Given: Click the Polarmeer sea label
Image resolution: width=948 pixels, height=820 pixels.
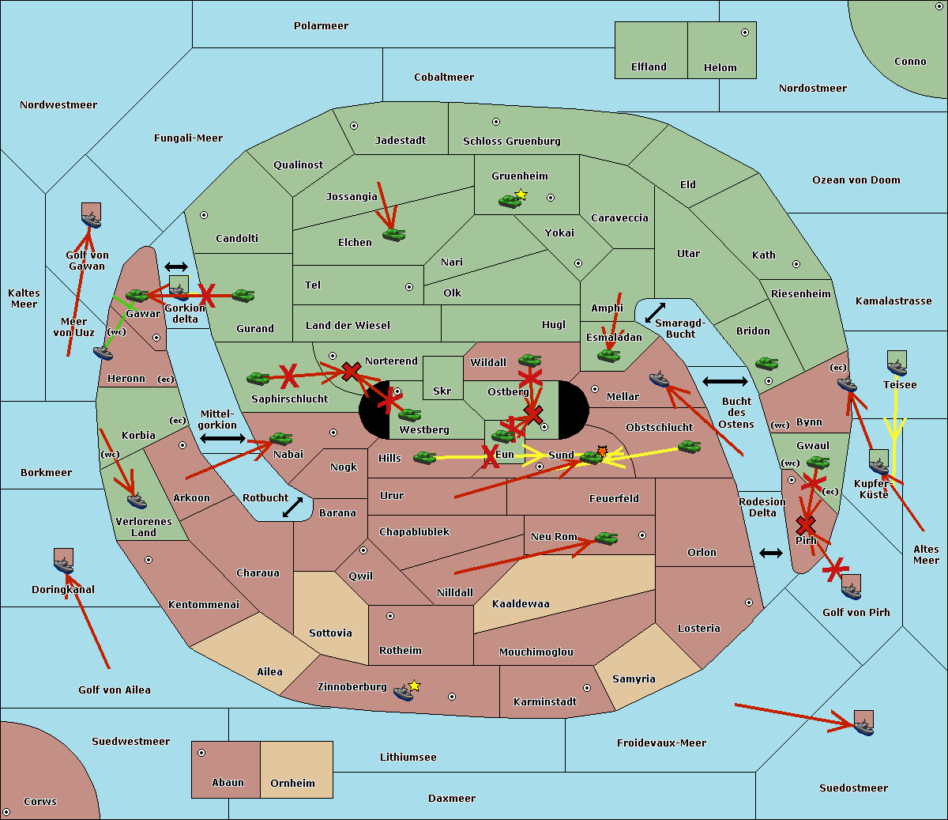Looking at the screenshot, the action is pyautogui.click(x=321, y=26).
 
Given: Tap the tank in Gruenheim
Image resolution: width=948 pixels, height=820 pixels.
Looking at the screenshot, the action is pyautogui.click(x=510, y=201).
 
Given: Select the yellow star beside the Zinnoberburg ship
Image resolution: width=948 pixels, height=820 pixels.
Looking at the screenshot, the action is pyautogui.click(x=414, y=686).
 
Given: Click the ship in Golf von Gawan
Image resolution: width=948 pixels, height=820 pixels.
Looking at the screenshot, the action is pyautogui.click(x=92, y=220).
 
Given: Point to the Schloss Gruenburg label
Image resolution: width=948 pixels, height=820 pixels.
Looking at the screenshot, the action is pyautogui.click(x=511, y=141).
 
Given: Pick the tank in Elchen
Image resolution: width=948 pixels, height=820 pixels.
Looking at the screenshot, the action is pyautogui.click(x=393, y=235).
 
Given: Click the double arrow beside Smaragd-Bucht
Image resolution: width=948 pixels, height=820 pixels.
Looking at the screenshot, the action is pyautogui.click(x=655, y=312).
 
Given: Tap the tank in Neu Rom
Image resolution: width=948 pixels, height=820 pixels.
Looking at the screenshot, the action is pyautogui.click(x=606, y=538).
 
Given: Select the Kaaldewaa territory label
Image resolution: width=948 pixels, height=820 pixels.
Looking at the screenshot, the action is pyautogui.click(x=521, y=604).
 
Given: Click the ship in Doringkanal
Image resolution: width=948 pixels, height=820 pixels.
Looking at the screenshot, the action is pyautogui.click(x=64, y=565).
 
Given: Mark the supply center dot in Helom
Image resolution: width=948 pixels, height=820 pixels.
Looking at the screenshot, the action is pyautogui.click(x=745, y=32).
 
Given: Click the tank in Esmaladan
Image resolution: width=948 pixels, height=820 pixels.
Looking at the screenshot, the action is pyautogui.click(x=608, y=355).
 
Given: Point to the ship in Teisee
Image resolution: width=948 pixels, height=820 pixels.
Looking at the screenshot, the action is pyautogui.click(x=897, y=368).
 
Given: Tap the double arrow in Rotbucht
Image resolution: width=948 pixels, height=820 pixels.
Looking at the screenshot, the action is pyautogui.click(x=292, y=508).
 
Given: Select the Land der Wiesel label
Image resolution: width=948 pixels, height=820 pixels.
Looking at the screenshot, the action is pyautogui.click(x=348, y=326).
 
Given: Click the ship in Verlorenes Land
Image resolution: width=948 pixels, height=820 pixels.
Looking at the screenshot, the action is pyautogui.click(x=137, y=501).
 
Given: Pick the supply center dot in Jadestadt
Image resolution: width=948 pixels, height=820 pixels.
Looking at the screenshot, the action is pyautogui.click(x=354, y=126).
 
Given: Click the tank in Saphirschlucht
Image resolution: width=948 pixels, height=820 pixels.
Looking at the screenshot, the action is pyautogui.click(x=258, y=379).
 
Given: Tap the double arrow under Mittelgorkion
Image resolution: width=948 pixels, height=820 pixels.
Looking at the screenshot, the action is pyautogui.click(x=223, y=439).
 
